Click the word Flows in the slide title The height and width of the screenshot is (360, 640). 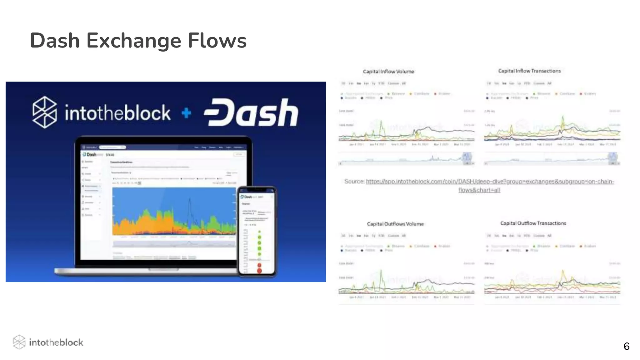pos(217,41)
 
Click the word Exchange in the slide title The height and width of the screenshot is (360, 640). pos(133,41)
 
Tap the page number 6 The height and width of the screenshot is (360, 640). pos(626,346)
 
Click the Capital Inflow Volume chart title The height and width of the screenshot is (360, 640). pos(388,72)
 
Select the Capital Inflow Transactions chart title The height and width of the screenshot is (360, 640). pos(529,71)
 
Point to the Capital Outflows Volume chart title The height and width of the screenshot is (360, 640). pos(395,224)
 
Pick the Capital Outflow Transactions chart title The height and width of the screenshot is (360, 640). pos(533,223)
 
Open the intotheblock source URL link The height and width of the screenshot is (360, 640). pos(490,182)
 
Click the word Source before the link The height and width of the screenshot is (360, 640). pos(354,181)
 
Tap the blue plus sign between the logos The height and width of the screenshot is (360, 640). pos(187,113)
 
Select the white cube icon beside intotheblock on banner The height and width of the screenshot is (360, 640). pos(45,112)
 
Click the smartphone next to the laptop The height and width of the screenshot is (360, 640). pos(257,231)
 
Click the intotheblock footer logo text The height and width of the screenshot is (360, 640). pos(56,342)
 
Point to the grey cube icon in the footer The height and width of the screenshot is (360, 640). pos(19,342)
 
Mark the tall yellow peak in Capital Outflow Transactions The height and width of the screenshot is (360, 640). pos(563,272)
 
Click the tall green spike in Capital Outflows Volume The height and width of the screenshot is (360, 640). pos(381,273)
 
